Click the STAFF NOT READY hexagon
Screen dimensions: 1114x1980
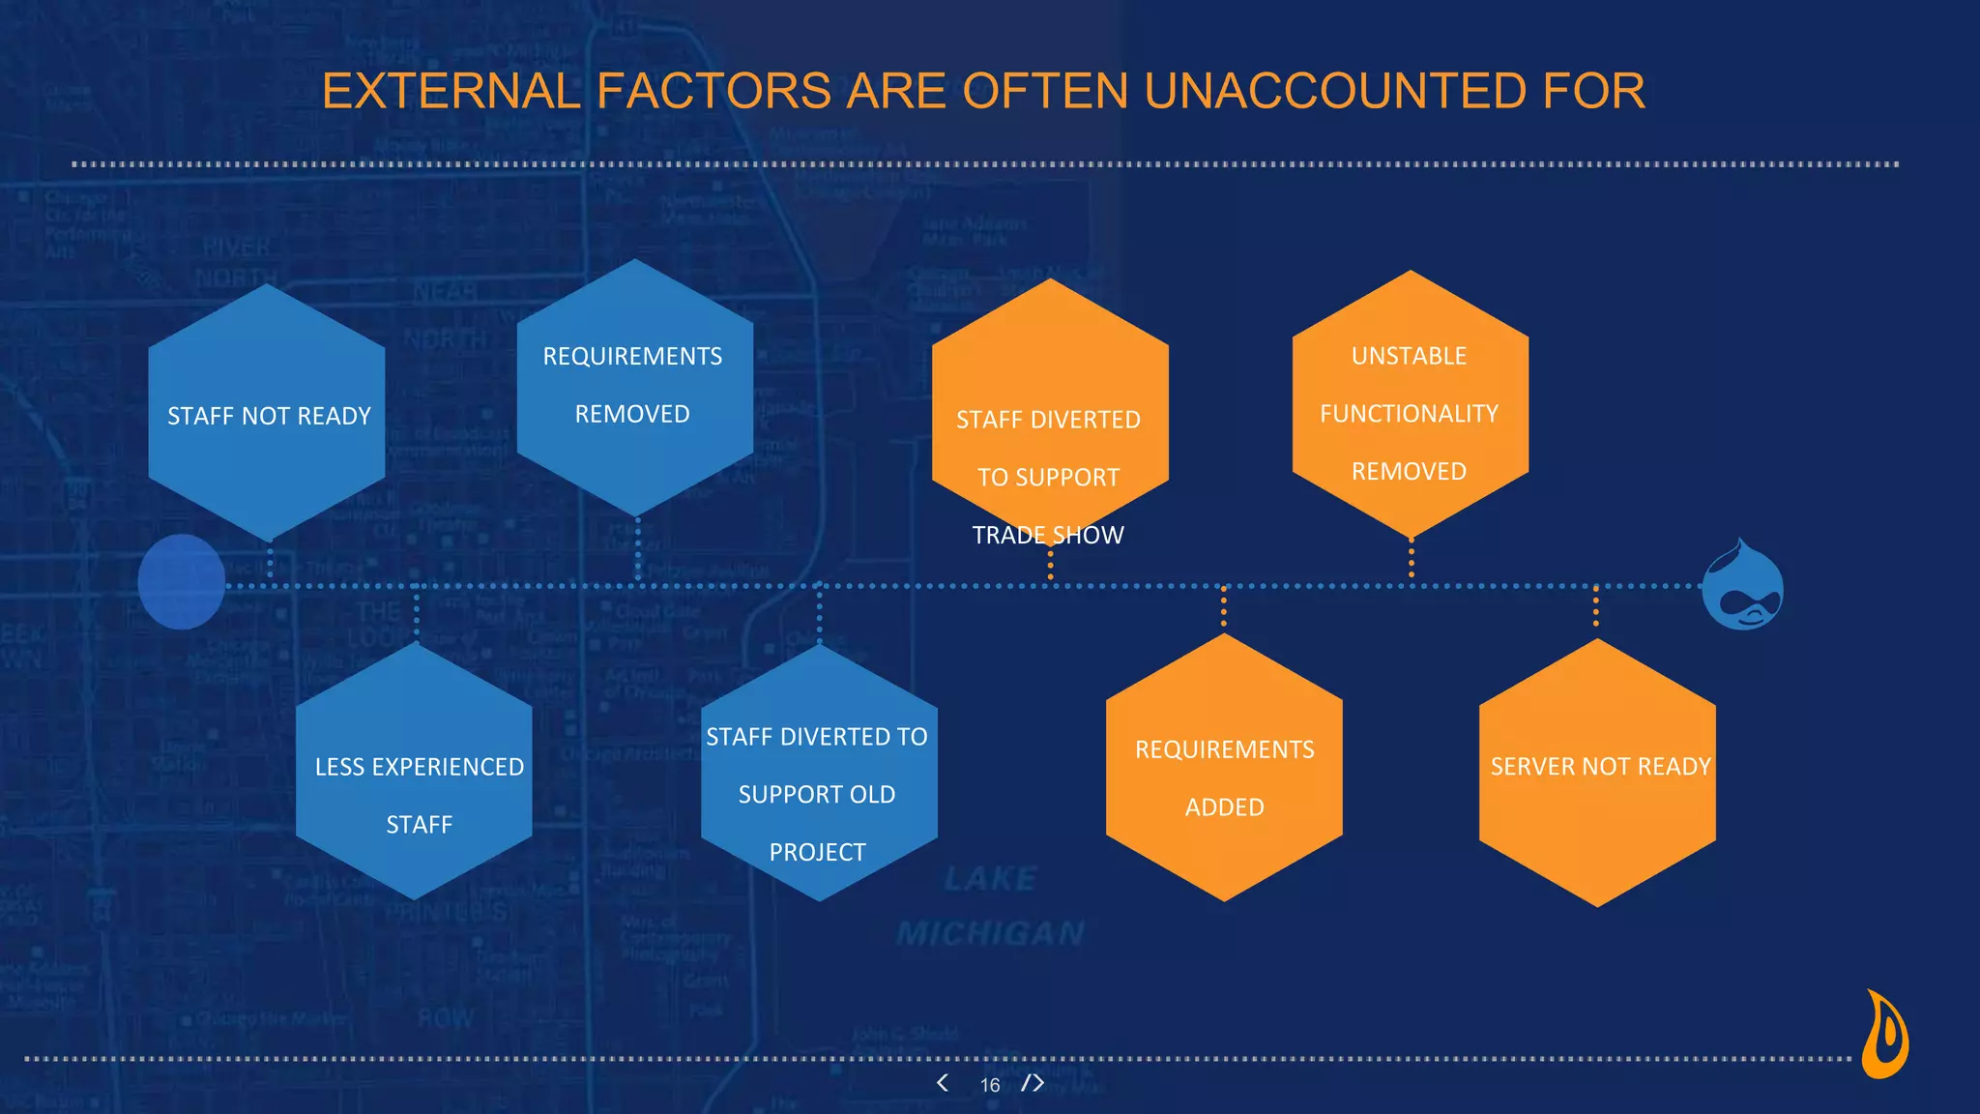click(x=267, y=414)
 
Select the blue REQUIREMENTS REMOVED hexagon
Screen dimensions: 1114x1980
click(x=634, y=387)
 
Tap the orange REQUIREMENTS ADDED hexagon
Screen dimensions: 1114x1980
click(x=1224, y=770)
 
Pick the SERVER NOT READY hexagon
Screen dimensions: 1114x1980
click(x=1597, y=774)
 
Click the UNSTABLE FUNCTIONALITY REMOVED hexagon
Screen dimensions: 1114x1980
click(x=1410, y=406)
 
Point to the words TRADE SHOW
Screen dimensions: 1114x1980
click(x=1048, y=535)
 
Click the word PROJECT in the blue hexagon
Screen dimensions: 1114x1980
click(x=817, y=852)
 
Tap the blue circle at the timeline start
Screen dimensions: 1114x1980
click(x=182, y=582)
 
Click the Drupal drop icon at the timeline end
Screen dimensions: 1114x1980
click(x=1742, y=586)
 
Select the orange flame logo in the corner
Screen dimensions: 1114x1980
click(x=1884, y=1035)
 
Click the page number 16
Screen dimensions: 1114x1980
click(x=990, y=1085)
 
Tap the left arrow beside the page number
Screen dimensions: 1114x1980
click(x=943, y=1083)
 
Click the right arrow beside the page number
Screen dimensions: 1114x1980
click(x=1035, y=1083)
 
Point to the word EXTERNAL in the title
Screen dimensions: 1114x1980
click(x=451, y=92)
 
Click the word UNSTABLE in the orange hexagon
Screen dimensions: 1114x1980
click(x=1409, y=356)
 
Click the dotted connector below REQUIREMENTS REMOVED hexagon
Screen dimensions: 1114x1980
click(x=637, y=549)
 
